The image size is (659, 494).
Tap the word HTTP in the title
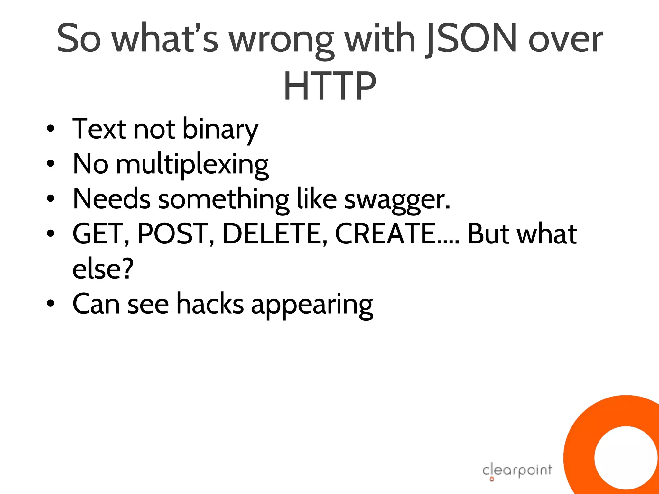pyautogui.click(x=329, y=86)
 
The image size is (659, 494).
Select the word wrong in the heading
pyautogui.click(x=282, y=40)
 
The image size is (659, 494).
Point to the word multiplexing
pyautogui.click(x=192, y=165)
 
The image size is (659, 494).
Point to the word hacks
pyautogui.click(x=210, y=304)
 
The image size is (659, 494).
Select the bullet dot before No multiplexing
pyautogui.click(x=51, y=164)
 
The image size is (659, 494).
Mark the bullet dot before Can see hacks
pyautogui.click(x=51, y=303)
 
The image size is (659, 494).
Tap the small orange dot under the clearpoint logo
pyautogui.click(x=492, y=479)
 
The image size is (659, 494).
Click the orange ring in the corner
pyautogui.click(x=579, y=450)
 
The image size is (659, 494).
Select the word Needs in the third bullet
pyautogui.click(x=111, y=199)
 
